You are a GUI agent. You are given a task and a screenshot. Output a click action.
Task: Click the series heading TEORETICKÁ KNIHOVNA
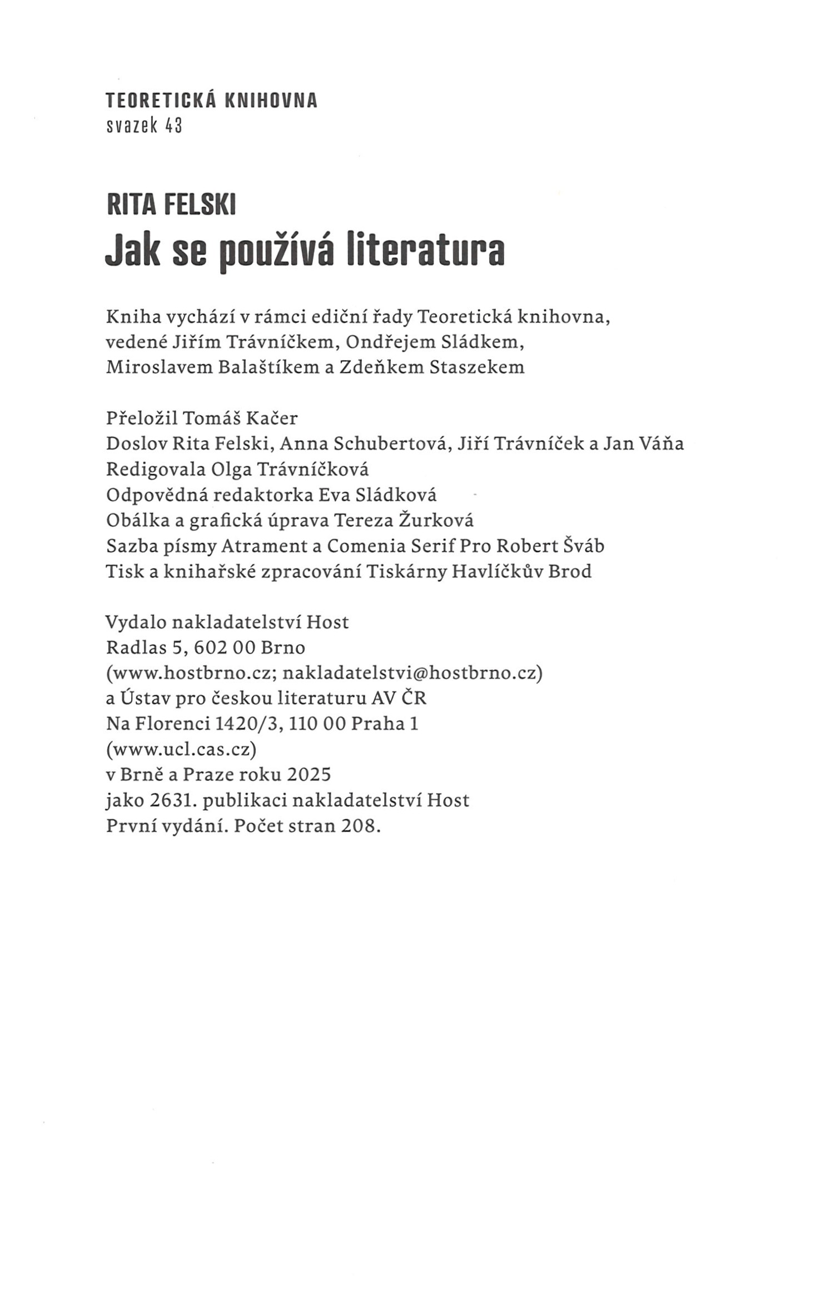(211, 101)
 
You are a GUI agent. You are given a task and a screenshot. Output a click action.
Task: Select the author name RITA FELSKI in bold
(171, 205)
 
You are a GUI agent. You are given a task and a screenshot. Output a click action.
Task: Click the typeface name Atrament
(266, 546)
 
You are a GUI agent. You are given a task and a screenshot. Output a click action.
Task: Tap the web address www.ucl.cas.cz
(181, 750)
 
